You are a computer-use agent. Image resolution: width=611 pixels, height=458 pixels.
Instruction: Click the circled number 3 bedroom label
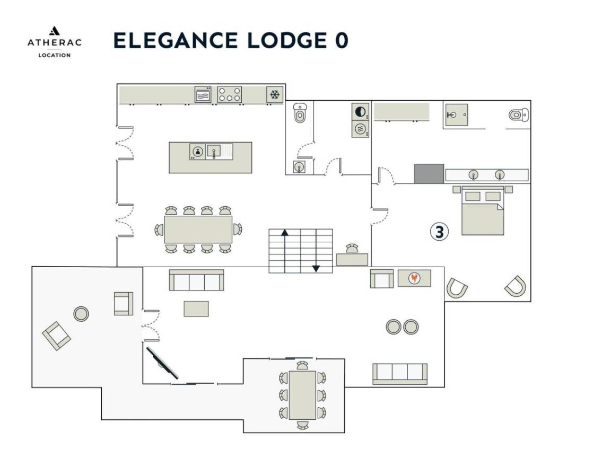[439, 232]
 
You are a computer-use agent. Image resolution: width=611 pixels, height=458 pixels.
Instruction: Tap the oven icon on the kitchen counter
[203, 94]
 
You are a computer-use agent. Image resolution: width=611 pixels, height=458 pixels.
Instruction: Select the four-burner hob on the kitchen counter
[229, 94]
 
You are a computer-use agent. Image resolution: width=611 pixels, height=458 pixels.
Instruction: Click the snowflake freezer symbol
[275, 95]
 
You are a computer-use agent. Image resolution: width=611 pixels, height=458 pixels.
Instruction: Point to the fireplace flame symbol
[414, 278]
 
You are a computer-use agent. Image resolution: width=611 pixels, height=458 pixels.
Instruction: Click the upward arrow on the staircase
[285, 251]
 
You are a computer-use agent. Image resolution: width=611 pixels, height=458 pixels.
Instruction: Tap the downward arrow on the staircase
[316, 251]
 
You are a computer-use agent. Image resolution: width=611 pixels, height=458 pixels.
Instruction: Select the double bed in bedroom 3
[483, 210]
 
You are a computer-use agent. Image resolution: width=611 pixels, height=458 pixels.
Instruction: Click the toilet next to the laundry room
[300, 113]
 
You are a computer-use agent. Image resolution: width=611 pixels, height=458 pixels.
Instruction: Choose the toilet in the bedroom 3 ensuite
[519, 115]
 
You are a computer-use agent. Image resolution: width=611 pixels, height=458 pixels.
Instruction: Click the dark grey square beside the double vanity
[429, 174]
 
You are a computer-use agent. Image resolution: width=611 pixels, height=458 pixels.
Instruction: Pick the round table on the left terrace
[81, 313]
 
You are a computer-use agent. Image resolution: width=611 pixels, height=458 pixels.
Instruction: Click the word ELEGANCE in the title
[176, 40]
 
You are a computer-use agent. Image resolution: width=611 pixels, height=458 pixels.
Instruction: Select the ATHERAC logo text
[55, 42]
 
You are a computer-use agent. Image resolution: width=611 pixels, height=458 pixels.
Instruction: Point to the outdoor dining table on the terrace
[302, 395]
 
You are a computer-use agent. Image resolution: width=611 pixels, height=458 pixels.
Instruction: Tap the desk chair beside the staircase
[352, 248]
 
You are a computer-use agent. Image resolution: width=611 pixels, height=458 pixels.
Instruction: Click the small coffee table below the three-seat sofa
[196, 309]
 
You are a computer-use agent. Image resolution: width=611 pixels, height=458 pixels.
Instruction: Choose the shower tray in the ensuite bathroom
[456, 115]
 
